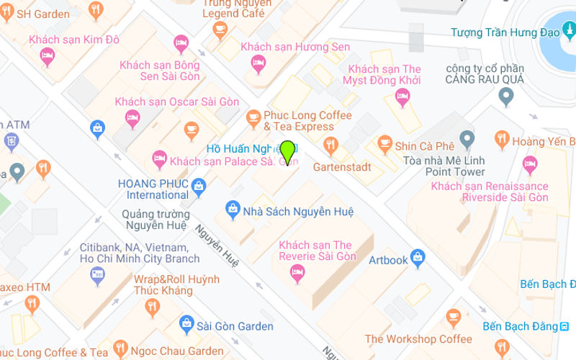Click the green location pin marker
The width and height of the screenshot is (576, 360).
pos(287,152)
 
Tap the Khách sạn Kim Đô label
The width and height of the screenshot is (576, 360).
pos(74,39)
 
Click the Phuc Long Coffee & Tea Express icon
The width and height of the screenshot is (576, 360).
pos(253,117)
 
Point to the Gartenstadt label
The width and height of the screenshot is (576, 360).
pos(342,166)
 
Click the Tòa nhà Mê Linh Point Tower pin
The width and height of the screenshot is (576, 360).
pos(467,138)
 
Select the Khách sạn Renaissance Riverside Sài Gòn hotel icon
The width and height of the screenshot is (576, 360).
pos(531,163)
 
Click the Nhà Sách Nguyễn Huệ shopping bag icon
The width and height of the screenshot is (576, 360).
pos(233,210)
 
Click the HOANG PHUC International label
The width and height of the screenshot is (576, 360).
pos(153,189)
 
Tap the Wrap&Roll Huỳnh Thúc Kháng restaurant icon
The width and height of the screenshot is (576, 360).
pos(152,307)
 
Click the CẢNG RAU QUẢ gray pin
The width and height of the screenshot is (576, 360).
pos(506,96)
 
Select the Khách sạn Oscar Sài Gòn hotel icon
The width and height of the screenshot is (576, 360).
pos(132,117)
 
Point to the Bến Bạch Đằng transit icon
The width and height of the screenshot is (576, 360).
pos(564,326)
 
